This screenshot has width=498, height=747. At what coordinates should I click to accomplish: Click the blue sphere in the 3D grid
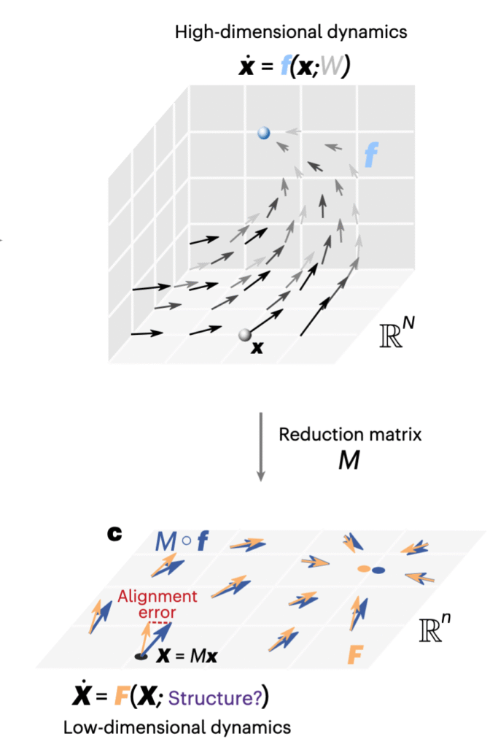click(264, 133)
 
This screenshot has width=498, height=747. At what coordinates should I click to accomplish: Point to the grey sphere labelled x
click(245, 336)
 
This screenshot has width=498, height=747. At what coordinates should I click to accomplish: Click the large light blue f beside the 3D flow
click(372, 153)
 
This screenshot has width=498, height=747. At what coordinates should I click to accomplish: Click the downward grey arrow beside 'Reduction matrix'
click(262, 446)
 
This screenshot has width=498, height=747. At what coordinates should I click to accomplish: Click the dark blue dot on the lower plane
click(378, 570)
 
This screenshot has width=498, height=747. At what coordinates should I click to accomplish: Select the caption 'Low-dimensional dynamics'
click(177, 727)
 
